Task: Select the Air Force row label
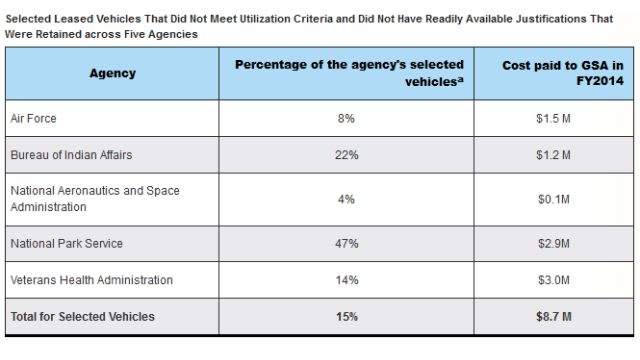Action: [35, 118]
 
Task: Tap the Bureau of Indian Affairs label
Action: [70, 154]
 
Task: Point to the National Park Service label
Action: [66, 243]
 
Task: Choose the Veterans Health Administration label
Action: [91, 280]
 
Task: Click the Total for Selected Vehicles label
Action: [82, 316]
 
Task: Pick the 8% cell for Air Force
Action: [348, 118]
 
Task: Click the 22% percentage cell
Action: [348, 154]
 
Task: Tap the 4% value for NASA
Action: [348, 199]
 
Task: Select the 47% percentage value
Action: [348, 243]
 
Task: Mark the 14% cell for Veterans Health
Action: [348, 280]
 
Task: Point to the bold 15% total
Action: [348, 316]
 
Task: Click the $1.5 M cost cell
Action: [552, 118]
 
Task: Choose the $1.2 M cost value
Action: [552, 154]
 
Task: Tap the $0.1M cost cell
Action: [552, 199]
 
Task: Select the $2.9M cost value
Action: [552, 243]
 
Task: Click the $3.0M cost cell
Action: [552, 280]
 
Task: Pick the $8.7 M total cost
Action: [552, 316]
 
